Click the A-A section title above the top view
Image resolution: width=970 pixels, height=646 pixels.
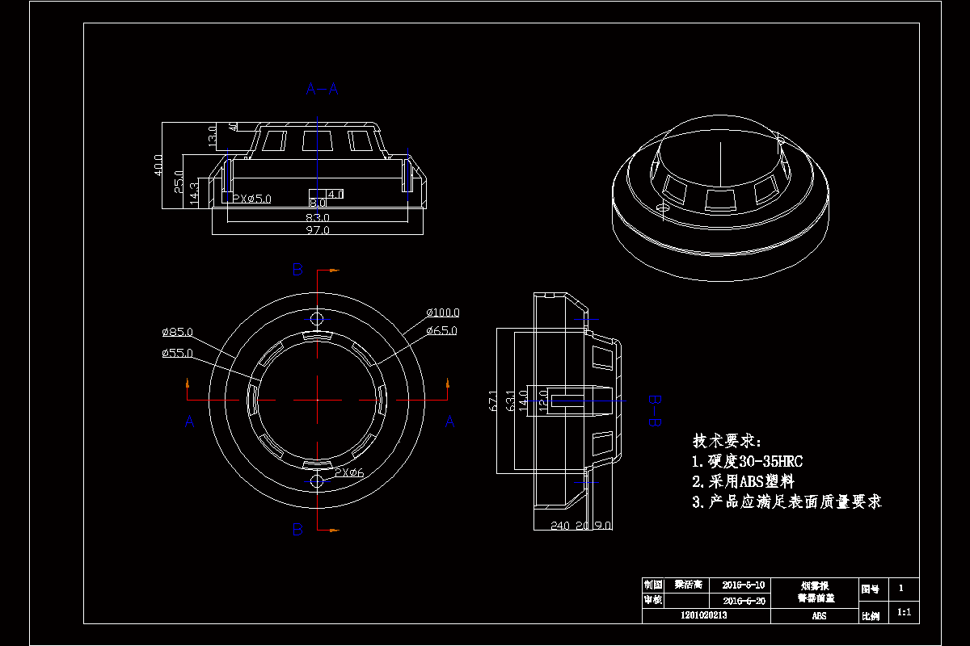point(322,89)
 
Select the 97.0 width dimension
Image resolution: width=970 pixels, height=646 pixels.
point(318,231)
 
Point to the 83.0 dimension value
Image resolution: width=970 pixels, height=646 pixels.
point(318,217)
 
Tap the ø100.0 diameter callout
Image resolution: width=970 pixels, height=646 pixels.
point(443,313)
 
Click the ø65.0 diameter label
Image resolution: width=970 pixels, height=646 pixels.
point(441,330)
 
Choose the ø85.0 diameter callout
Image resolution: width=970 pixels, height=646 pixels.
point(177,332)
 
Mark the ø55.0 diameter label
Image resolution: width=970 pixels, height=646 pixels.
point(177,353)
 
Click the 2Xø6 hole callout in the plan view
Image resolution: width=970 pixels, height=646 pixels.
point(349,472)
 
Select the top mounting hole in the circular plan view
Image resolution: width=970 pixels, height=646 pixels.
point(317,317)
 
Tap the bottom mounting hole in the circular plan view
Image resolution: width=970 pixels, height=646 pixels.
point(317,481)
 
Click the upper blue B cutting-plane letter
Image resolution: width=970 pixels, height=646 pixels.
point(297,270)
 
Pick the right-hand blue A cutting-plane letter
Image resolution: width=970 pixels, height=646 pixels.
point(450,421)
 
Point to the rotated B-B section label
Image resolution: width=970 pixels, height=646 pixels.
point(656,410)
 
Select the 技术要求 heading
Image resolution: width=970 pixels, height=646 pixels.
point(727,441)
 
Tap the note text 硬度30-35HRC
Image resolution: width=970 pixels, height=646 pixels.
point(747,462)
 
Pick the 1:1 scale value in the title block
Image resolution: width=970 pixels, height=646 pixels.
point(905,613)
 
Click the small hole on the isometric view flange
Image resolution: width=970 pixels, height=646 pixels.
point(663,208)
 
